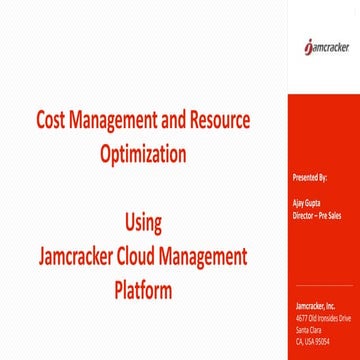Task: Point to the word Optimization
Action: [x=143, y=155]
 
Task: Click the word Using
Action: [x=142, y=219]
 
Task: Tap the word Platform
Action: [x=143, y=291]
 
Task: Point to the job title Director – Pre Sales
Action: [x=312, y=213]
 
